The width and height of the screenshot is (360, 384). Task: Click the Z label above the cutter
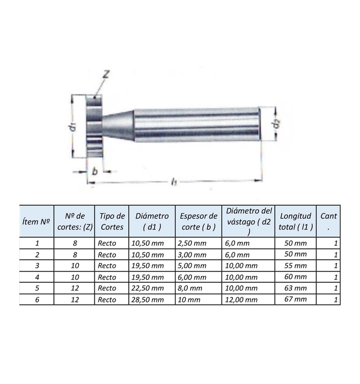(106, 74)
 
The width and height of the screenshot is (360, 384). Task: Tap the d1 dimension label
(73, 128)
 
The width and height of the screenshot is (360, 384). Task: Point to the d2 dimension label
(276, 124)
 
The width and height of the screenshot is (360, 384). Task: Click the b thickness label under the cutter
(95, 171)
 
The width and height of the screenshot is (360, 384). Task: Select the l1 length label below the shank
(174, 182)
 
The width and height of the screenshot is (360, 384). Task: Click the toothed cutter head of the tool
(94, 127)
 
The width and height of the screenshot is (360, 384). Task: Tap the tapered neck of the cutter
(118, 125)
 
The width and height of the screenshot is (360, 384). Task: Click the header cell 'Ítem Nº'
(36, 222)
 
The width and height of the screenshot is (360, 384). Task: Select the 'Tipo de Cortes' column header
(112, 222)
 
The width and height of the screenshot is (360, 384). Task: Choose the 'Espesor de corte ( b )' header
(199, 222)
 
